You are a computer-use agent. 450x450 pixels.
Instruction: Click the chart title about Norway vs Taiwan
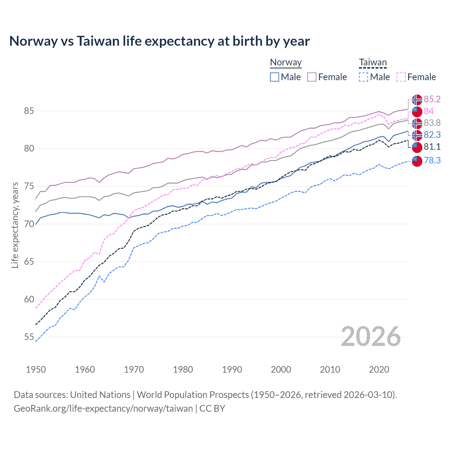159,41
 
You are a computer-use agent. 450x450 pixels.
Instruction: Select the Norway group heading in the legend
285,63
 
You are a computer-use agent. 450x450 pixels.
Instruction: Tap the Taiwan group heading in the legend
373,63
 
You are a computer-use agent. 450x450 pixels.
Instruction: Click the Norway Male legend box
275,77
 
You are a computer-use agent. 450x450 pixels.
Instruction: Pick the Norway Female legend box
312,77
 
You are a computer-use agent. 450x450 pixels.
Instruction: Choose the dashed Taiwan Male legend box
364,77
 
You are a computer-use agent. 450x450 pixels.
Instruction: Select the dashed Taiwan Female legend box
401,77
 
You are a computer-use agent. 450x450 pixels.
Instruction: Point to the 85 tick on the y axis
29,111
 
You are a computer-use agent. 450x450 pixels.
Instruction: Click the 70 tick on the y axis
29,224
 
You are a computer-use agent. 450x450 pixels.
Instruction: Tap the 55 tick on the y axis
29,337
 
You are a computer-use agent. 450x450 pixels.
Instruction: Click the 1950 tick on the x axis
36,369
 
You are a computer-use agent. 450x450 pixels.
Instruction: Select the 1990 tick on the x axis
232,369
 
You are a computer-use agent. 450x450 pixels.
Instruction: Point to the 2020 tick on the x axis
379,369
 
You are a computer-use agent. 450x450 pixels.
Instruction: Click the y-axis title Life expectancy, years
15,225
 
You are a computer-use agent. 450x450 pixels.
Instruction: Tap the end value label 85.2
432,99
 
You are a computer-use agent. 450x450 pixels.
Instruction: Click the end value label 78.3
432,161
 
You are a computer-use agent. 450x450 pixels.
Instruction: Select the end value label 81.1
432,147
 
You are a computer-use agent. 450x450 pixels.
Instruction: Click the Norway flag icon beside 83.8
417,123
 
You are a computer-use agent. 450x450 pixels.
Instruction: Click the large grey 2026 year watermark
371,336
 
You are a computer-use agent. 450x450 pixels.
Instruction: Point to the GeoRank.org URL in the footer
103,409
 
